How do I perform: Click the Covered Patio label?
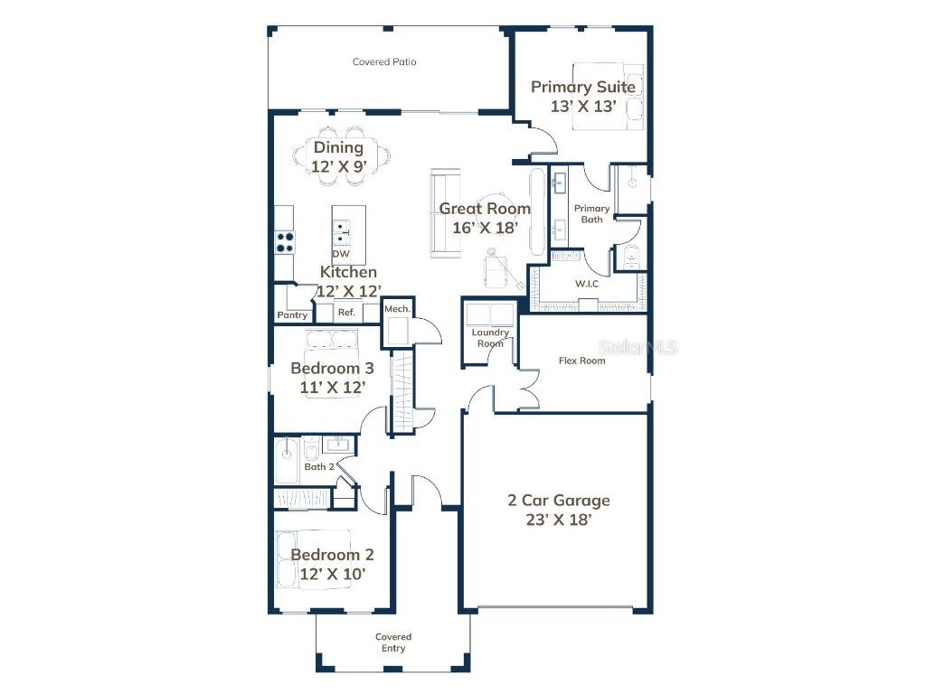click(384, 62)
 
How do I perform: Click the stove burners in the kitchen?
click(285, 241)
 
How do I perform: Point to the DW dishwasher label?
click(340, 254)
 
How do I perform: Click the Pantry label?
click(292, 315)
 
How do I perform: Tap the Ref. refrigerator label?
click(346, 314)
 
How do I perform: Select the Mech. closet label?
click(397, 309)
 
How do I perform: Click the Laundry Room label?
click(490, 338)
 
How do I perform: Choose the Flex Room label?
click(581, 361)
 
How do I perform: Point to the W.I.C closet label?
click(587, 284)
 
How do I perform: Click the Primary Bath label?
click(592, 213)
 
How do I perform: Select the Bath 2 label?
click(319, 467)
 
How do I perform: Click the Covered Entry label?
click(393, 642)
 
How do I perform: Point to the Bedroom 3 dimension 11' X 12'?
click(332, 388)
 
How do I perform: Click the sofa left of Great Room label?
click(443, 213)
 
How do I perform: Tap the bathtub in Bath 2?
click(287, 460)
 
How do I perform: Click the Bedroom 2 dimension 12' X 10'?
click(332, 574)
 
